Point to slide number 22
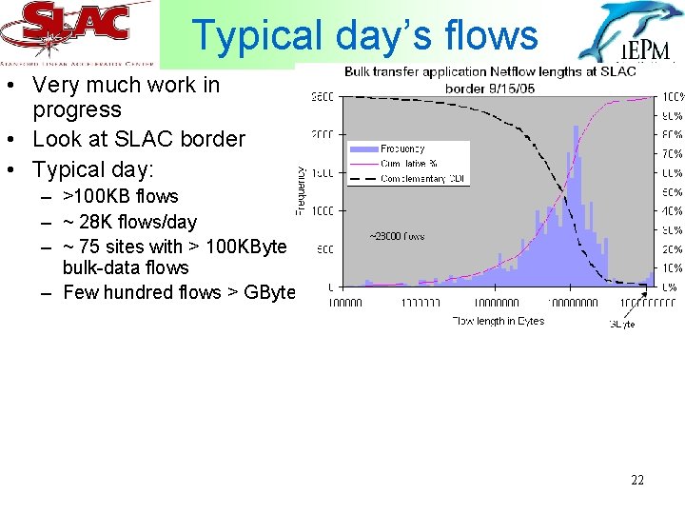pos(636,480)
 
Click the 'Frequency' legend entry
pos(401,149)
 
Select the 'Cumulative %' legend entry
pos(409,164)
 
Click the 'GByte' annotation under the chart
pos(621,324)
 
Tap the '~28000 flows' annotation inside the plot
pos(397,236)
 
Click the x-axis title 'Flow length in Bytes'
pos(498,321)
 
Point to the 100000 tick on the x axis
pos(344,304)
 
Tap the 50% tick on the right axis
pos(672,192)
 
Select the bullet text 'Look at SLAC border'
pos(138,139)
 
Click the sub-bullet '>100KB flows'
pos(120,196)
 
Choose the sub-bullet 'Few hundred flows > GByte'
pos(179,292)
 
